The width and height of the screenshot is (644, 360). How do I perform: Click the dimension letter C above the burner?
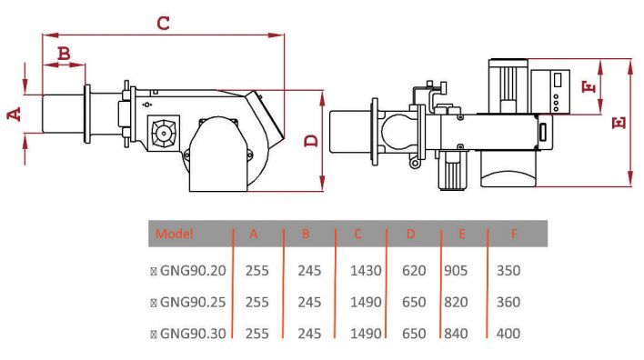pos(163,23)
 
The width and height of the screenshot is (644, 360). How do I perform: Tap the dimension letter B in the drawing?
pos(64,54)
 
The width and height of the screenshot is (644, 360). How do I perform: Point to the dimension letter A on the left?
pos(15,114)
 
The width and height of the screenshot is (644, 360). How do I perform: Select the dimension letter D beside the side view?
pos(311,140)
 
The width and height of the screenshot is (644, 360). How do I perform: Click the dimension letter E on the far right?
pos(619,123)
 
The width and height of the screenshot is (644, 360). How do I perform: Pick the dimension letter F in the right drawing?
pos(589,86)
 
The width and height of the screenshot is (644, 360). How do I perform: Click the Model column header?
pos(174,234)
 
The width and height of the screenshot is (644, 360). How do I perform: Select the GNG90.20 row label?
pos(193,271)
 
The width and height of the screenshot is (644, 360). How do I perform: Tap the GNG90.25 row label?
pos(193,302)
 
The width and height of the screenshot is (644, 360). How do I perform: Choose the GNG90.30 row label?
pos(193,334)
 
